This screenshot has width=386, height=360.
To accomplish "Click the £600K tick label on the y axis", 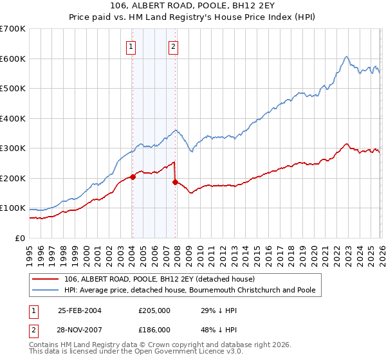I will (x=13, y=59).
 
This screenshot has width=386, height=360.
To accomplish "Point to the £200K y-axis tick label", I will (x=13, y=178).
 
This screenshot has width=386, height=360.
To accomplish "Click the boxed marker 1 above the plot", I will (x=131, y=46).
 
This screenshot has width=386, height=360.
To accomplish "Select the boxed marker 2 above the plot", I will (x=174, y=46).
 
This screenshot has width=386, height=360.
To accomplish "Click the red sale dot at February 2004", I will (x=133, y=177).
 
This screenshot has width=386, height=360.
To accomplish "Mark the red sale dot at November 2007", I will (x=175, y=183).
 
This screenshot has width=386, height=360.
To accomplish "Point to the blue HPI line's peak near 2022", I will (x=346, y=57).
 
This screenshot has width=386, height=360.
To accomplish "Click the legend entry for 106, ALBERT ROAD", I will (x=160, y=279).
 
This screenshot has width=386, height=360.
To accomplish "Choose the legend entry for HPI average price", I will (x=190, y=290).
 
